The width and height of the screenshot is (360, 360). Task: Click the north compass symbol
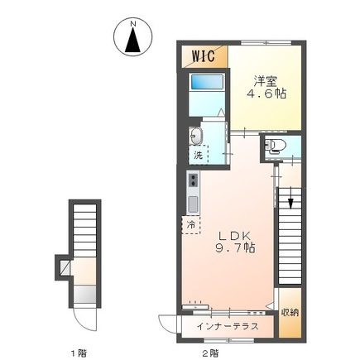132,38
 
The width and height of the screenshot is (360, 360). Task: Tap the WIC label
204,56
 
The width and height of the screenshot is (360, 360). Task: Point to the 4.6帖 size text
266,94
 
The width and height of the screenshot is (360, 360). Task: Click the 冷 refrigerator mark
190,224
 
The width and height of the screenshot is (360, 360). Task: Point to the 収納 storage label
289,313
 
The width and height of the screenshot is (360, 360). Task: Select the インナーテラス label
228,326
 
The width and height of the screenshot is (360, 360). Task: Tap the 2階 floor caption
210,353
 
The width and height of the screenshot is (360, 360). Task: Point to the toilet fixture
274,147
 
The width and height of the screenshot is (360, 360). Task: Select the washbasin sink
195,137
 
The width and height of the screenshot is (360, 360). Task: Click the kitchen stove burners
193,181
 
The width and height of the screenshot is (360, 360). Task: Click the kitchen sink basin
193,204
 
